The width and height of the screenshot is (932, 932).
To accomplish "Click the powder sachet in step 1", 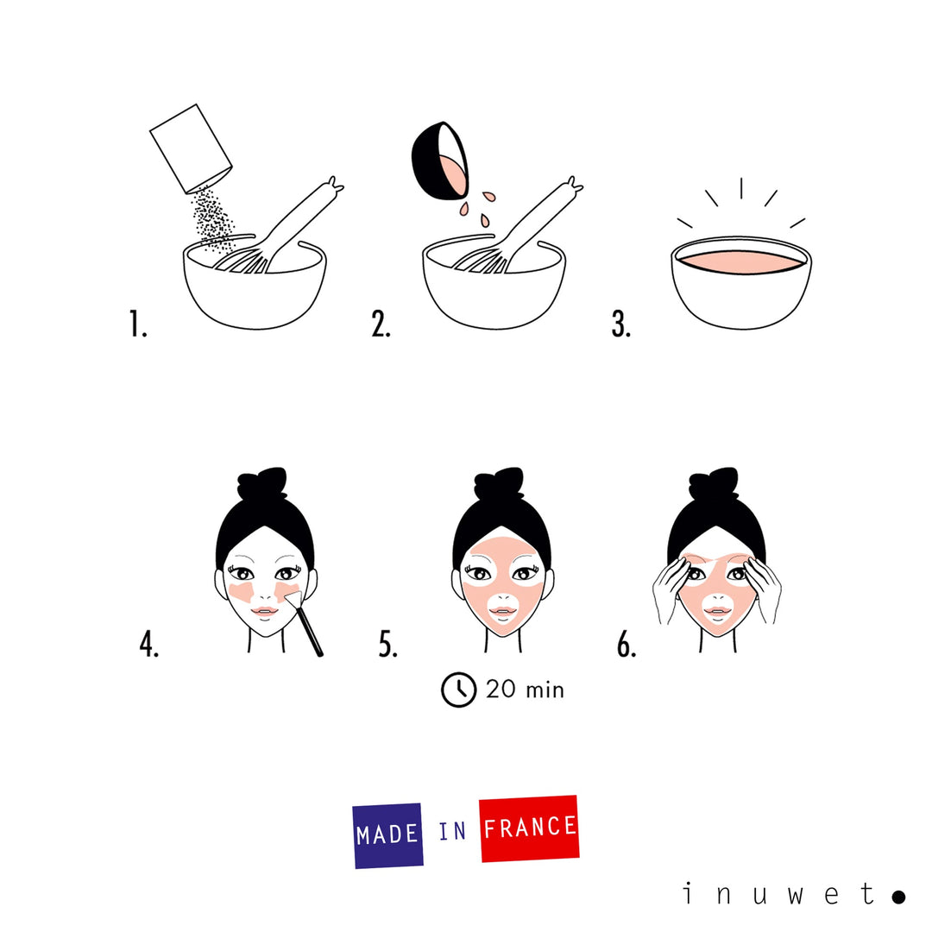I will click(x=191, y=147).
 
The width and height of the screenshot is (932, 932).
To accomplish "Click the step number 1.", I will click(x=138, y=324).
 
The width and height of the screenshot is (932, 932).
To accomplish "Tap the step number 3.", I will click(x=621, y=324).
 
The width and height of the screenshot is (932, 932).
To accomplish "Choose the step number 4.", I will click(x=149, y=645).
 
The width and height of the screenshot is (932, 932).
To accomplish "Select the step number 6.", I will click(x=627, y=645).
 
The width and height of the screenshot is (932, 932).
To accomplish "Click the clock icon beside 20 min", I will click(x=458, y=690).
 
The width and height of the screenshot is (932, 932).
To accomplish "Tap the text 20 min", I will click(x=525, y=690).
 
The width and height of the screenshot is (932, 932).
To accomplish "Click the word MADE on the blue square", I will click(x=387, y=834).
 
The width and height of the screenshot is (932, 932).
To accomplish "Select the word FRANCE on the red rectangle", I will click(x=529, y=828).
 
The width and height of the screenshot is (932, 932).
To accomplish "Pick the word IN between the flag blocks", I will click(x=452, y=832).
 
